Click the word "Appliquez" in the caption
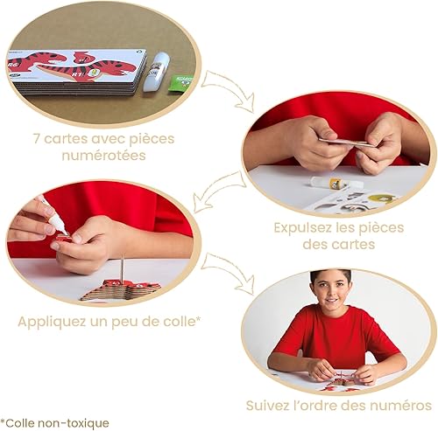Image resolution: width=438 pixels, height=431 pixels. (x=56, y=321)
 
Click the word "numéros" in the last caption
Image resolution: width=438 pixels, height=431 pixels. (x=403, y=405)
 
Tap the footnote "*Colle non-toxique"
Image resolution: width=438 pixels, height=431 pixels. (x=55, y=423)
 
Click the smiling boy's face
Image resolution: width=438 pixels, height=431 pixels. (x=330, y=295)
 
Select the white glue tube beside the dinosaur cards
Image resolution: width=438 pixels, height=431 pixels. (x=157, y=71)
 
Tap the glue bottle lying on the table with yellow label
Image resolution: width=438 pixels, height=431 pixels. (x=327, y=183)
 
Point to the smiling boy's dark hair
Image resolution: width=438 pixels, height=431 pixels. (x=330, y=276)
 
